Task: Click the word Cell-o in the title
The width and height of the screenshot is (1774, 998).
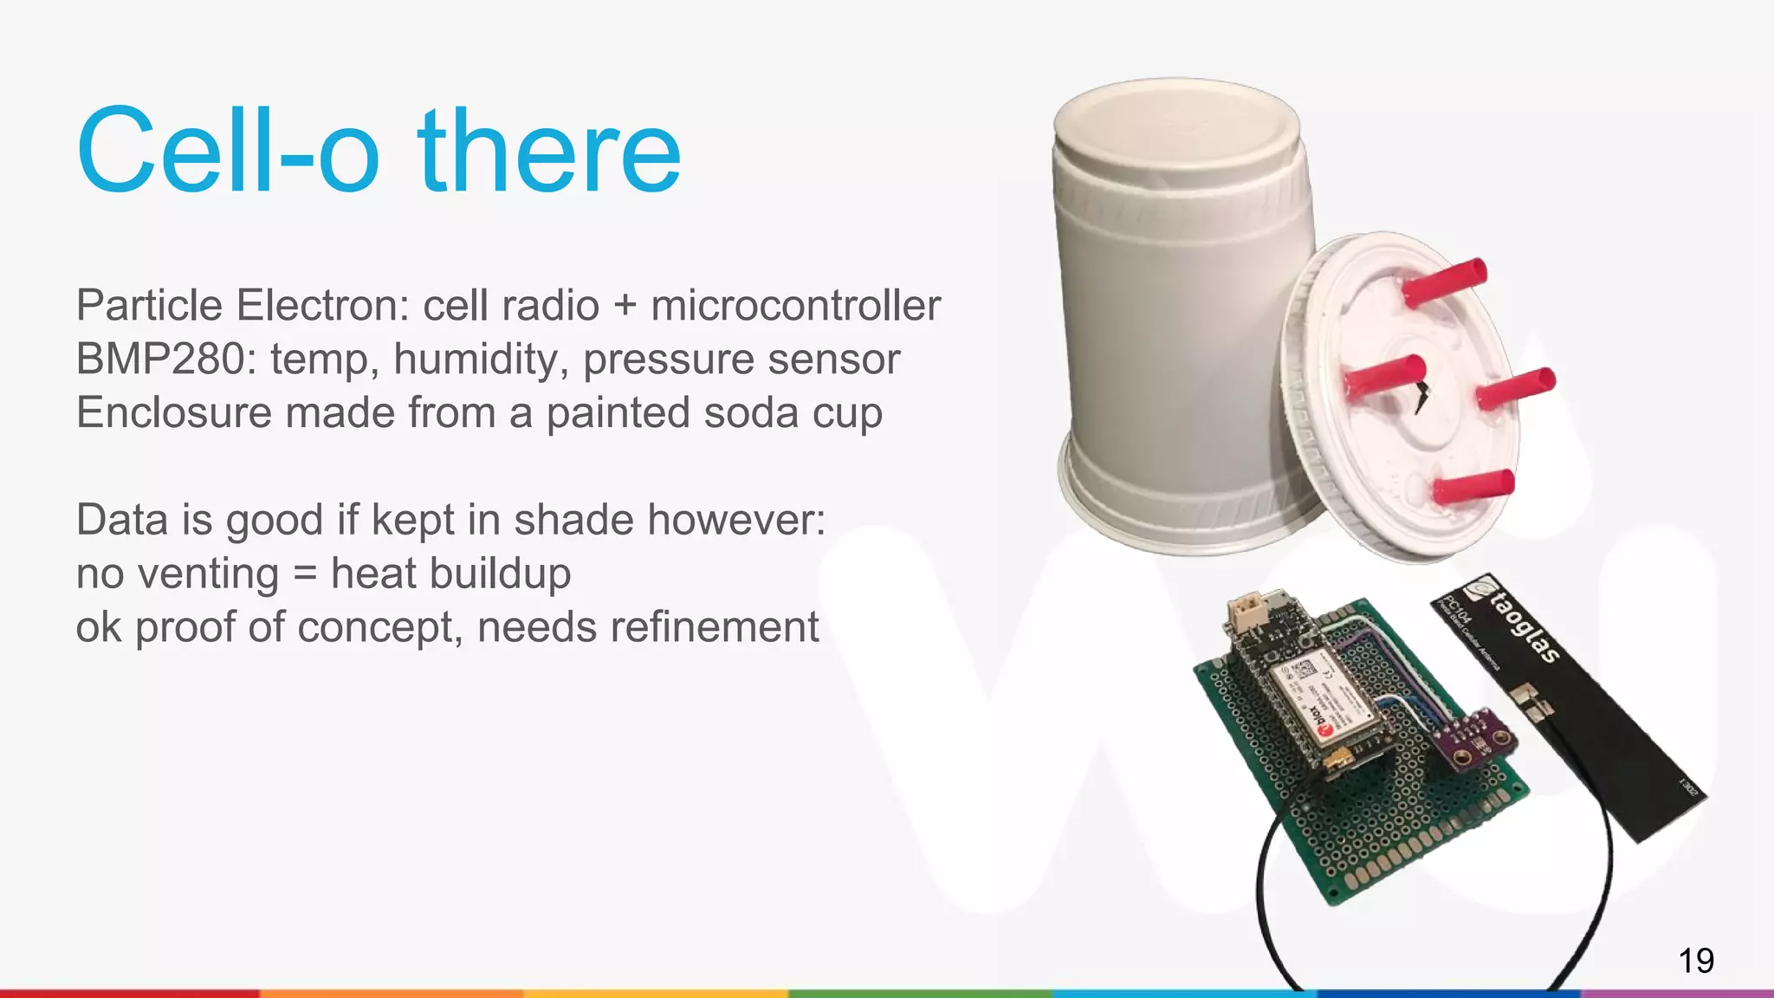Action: pos(228,152)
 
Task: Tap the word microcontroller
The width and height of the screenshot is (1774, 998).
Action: pos(795,306)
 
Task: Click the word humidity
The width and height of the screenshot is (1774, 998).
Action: pos(481,360)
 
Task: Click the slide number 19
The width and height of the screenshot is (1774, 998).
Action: pos(1695,961)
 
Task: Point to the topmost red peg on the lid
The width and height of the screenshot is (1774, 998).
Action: pos(1444,282)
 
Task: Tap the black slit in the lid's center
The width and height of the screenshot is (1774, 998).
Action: pos(1421,398)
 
